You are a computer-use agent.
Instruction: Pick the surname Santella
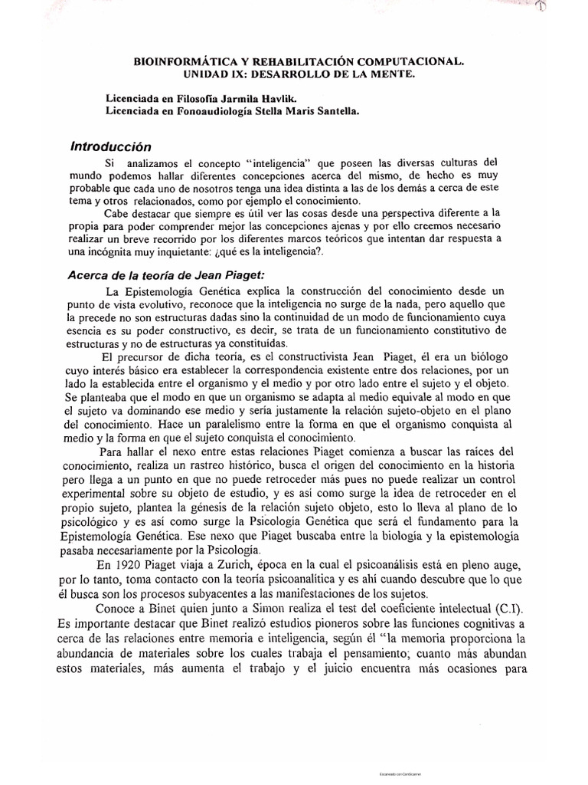332,111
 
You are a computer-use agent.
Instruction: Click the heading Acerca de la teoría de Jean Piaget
179,278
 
